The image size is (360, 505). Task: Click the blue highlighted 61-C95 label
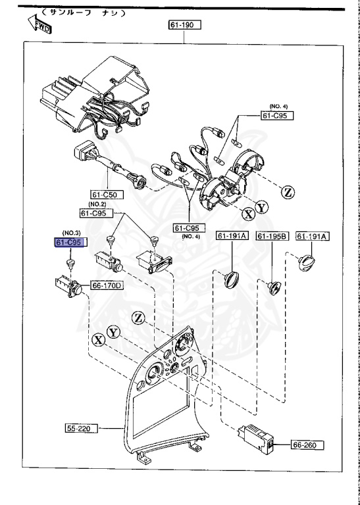point(70,243)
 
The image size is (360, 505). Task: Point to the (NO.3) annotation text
point(71,233)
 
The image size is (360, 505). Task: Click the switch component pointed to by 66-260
point(257,439)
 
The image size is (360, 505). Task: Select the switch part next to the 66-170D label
point(68,286)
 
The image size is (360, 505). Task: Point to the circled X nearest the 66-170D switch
point(98,339)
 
